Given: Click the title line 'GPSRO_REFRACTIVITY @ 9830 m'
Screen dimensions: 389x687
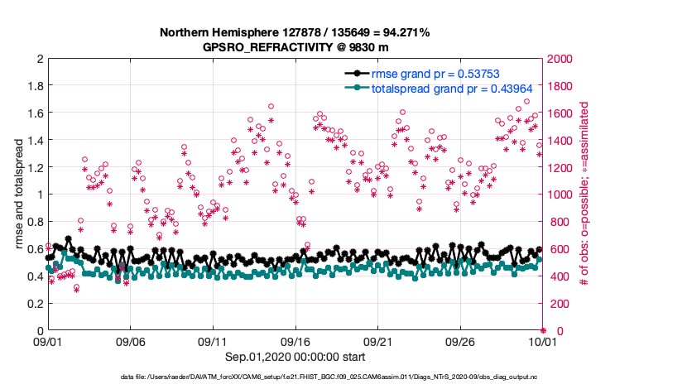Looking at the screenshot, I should (294, 47).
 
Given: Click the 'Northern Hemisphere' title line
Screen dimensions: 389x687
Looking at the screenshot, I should (294, 33).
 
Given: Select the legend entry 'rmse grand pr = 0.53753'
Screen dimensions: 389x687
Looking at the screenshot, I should (435, 74).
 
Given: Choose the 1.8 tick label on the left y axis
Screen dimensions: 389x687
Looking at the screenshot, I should (34, 86).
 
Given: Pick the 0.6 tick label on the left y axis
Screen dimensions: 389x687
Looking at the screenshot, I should (34, 249).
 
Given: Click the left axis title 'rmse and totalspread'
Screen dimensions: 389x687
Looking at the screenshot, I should (18, 194).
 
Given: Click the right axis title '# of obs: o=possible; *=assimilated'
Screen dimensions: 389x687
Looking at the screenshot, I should (584, 194).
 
